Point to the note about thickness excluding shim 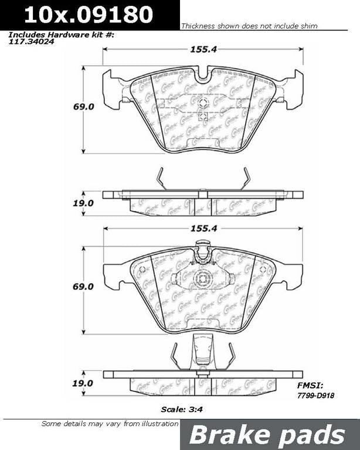249,26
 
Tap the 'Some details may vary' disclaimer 109,424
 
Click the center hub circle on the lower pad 203,279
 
